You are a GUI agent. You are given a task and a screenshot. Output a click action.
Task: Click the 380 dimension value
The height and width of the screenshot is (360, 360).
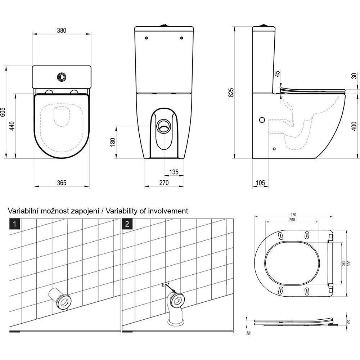point(62,30)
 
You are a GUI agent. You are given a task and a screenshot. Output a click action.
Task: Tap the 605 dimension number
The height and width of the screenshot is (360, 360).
point(3,112)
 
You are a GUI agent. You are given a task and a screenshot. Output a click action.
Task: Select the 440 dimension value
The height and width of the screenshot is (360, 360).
point(12,126)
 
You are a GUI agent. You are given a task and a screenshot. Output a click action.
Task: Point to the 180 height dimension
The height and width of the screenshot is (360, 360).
point(112,142)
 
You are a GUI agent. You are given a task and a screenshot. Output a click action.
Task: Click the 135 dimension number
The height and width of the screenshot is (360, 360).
point(174,172)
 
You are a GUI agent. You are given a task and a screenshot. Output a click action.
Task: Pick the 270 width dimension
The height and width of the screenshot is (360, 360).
point(164,183)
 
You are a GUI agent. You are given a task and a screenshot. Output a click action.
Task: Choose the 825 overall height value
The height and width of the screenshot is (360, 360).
point(231,92)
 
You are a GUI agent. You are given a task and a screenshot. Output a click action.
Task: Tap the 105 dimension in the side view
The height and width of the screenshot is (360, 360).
point(260,183)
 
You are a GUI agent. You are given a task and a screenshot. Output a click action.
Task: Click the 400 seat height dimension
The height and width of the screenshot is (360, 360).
point(354,126)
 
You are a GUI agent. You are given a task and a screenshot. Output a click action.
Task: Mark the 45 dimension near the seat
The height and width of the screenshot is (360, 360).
point(278,74)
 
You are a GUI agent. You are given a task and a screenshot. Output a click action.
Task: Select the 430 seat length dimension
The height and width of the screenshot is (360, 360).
point(293,215)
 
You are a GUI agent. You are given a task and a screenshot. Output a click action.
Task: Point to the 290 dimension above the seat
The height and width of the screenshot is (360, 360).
point(292,220)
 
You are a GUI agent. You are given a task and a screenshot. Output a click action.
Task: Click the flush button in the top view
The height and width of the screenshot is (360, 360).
point(62,77)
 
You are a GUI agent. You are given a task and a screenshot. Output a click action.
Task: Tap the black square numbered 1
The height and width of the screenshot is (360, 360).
point(15,224)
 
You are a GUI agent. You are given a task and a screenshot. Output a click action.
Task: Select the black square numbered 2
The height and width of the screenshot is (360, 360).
point(127,224)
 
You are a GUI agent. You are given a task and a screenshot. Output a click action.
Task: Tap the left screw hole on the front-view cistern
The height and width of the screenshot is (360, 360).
point(147,38)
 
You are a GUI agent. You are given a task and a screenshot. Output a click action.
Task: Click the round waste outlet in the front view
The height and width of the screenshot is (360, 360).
point(164,126)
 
